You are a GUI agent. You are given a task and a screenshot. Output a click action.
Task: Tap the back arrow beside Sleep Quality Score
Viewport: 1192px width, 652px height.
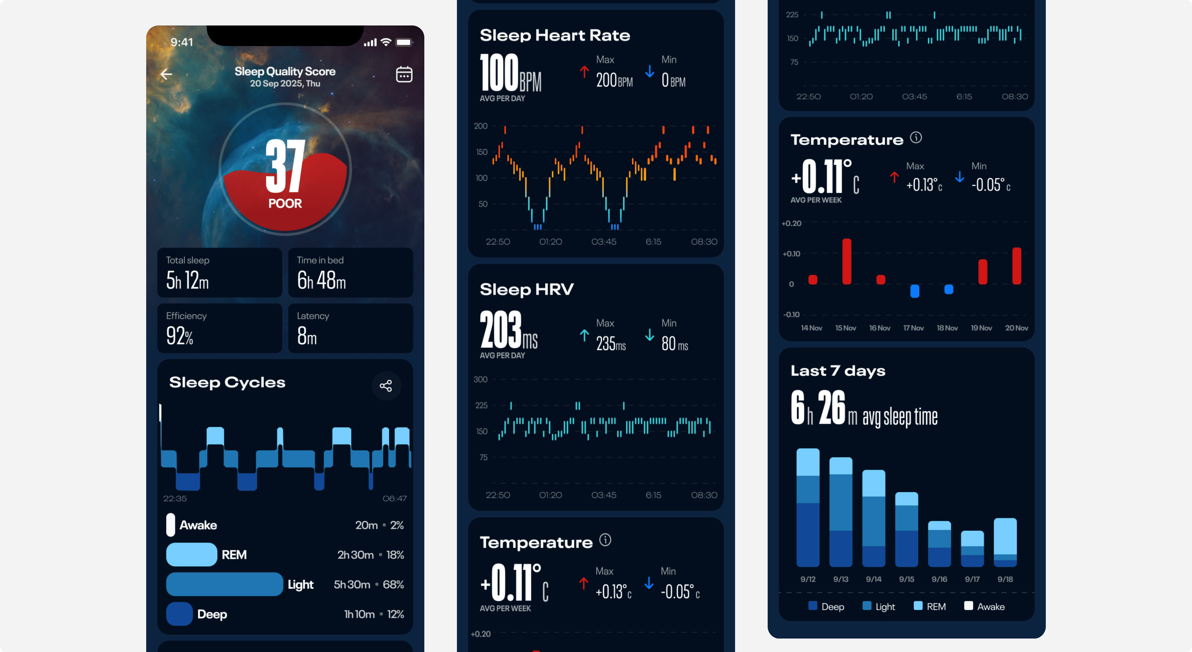pos(166,74)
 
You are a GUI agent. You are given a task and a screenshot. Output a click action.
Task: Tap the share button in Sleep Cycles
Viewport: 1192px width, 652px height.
pos(386,385)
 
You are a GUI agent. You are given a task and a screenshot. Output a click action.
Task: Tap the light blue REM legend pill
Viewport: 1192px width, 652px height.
pos(191,554)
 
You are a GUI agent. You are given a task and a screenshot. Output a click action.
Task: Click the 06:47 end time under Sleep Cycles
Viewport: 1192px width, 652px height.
pos(394,498)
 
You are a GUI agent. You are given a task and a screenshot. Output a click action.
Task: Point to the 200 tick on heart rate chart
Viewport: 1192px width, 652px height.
pos(481,126)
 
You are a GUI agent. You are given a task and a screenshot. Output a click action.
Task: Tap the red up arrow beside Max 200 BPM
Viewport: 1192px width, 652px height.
pos(584,72)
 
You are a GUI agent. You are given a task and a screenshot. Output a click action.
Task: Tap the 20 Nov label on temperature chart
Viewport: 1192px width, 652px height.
pos(1016,328)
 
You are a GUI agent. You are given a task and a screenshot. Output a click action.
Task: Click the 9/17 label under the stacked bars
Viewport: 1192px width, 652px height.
pos(972,579)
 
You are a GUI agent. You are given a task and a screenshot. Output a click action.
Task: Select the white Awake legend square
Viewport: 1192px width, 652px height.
pos(968,606)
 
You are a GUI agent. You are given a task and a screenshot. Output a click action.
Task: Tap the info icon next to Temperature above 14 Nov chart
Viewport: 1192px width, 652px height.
pos(916,138)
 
